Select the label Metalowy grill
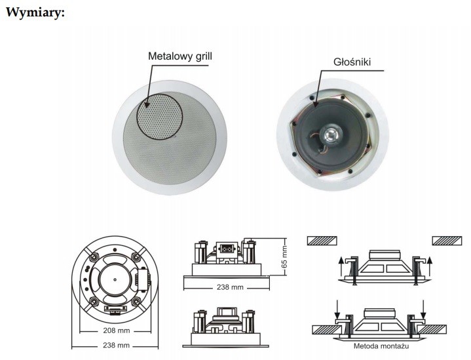point(179,56)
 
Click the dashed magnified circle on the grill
point(158,115)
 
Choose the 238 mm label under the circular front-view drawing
point(115,345)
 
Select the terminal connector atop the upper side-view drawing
point(226,249)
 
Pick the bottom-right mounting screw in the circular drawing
point(138,303)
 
